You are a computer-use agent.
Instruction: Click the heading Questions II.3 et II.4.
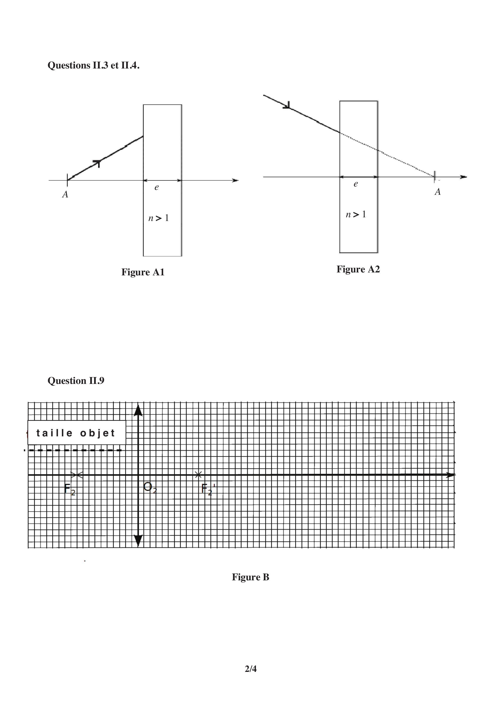[x=94, y=65]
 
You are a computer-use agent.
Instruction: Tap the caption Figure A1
[x=143, y=272]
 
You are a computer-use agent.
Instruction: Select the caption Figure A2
[x=358, y=269]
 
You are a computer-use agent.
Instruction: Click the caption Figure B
[x=251, y=577]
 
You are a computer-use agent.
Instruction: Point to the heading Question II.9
[x=76, y=381]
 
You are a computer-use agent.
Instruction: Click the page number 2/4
[x=251, y=669]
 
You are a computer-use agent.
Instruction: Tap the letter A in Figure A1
[x=65, y=194]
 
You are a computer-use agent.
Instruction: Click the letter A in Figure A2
[x=437, y=192]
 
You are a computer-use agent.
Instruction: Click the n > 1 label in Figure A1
[x=158, y=218]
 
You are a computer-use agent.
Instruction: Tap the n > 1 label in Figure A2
[x=356, y=215]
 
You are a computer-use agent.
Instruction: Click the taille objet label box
[x=77, y=433]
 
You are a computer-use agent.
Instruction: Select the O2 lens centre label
[x=150, y=488]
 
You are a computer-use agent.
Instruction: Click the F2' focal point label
[x=208, y=489]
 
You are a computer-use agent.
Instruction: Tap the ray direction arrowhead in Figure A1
[x=97, y=163]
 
